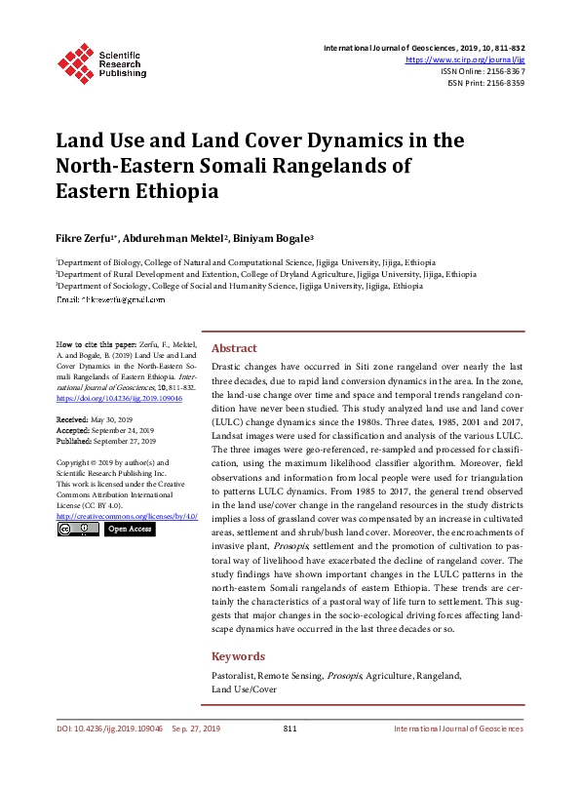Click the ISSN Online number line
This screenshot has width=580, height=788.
point(483,71)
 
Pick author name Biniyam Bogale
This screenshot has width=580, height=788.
point(277,237)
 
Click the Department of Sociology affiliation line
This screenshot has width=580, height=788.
point(240,287)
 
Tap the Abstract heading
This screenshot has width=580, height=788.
point(234,348)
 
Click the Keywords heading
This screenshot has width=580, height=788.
point(238,656)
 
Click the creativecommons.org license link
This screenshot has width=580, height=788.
point(127,515)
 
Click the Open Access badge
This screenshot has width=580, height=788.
point(129,530)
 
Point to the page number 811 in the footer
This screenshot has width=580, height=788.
point(290,756)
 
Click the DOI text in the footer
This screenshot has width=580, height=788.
point(109,756)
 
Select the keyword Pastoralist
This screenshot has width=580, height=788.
point(235,675)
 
